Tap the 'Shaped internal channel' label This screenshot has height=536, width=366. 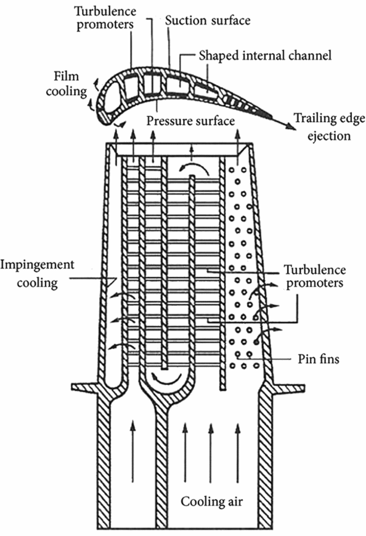pyautogui.click(x=266, y=56)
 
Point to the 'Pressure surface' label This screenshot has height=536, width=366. pyautogui.click(x=191, y=121)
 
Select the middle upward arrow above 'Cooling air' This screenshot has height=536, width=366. pyautogui.click(x=211, y=444)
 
